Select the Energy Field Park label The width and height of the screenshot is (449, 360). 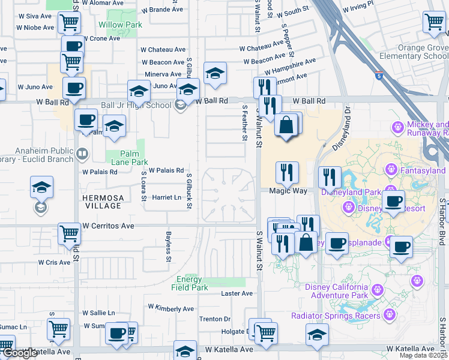point(192,283)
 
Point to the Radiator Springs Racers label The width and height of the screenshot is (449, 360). point(336,316)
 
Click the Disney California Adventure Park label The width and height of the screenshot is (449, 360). point(336,291)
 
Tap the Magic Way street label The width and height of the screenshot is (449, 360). point(288,191)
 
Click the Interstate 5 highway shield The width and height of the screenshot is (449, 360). point(378,76)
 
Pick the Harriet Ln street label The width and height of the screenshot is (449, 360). point(166,197)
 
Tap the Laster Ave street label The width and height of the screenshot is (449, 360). point(237,293)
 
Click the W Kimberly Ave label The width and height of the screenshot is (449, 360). point(170,308)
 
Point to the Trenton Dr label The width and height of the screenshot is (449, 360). point(215,319)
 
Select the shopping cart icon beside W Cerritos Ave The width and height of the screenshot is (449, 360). point(69,233)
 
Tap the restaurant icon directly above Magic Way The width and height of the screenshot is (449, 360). point(287,173)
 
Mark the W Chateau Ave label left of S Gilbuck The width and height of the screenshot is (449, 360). point(163,50)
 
